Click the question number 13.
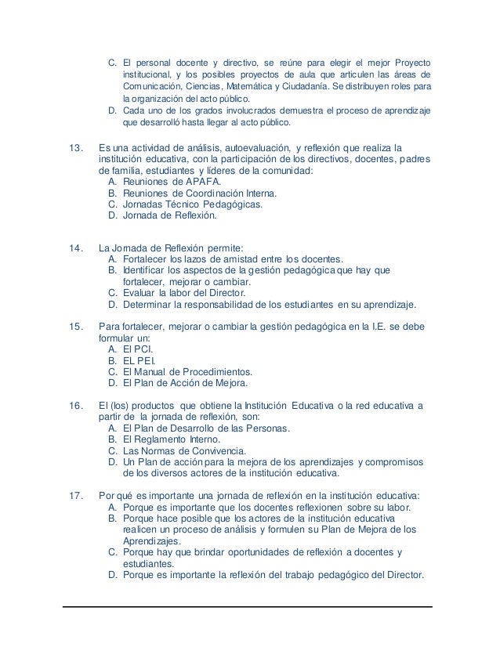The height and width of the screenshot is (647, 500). pos(76,146)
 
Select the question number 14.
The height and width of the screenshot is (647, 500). pos(76,248)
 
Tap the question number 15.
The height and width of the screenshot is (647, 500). pos(76,326)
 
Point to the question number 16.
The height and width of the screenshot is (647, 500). pos(76,405)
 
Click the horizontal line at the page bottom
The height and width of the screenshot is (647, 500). pos(249,605)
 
